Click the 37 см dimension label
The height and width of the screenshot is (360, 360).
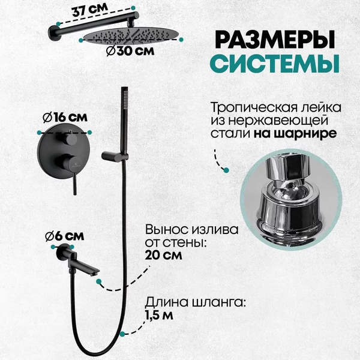tap(89, 10)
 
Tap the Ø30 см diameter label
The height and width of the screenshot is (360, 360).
tap(130, 51)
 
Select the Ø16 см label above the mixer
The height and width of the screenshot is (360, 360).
tap(65, 118)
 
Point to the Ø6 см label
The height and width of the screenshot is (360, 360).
tap(65, 236)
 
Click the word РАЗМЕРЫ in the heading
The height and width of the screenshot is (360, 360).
tap(275, 40)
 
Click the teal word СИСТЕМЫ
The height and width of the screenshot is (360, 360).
tap(275, 63)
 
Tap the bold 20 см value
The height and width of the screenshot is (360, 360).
tap(163, 255)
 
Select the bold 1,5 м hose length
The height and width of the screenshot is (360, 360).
tap(159, 315)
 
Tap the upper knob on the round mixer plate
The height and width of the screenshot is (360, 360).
tap(71, 139)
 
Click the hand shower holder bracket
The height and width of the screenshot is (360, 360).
tap(114, 157)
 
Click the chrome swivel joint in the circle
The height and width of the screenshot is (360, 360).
tap(290, 199)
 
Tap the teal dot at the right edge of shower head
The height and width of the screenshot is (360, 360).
tap(181, 40)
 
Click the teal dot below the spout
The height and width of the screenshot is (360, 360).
tap(99, 281)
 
